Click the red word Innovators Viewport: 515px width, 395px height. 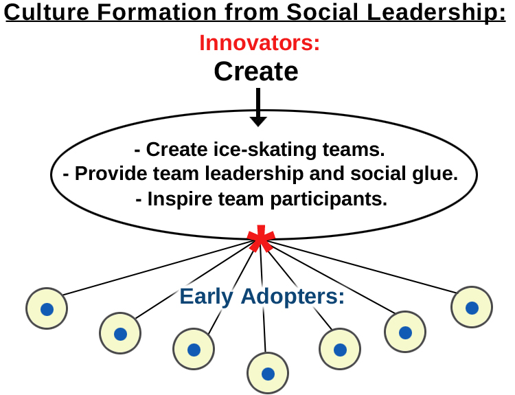[259, 43]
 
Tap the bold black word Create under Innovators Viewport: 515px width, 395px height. [256, 71]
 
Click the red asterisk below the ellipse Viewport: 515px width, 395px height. [261, 238]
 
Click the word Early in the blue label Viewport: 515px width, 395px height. [207, 296]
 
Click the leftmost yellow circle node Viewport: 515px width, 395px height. [47, 309]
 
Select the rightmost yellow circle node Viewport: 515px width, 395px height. [472, 308]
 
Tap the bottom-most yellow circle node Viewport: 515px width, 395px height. [268, 374]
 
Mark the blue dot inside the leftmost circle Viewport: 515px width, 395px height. [47, 309]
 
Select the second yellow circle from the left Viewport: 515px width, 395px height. [120, 334]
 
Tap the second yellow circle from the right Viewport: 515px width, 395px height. [404, 332]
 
